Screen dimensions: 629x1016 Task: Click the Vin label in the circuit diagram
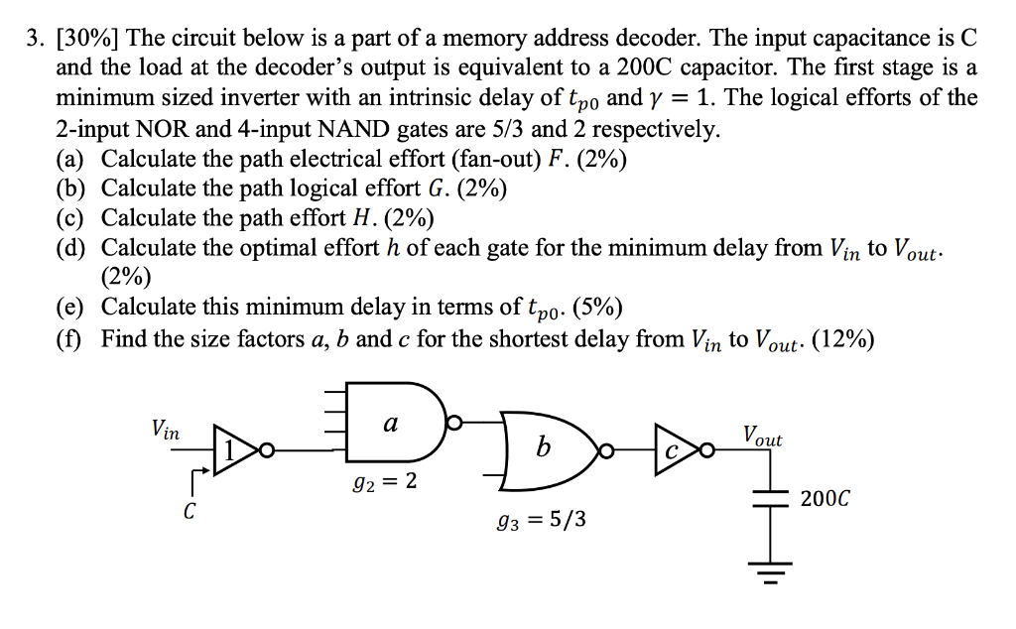click(165, 431)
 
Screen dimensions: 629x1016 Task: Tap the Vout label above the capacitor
click(761, 437)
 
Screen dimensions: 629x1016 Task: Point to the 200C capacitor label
click(825, 496)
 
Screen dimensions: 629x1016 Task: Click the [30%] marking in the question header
click(86, 40)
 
